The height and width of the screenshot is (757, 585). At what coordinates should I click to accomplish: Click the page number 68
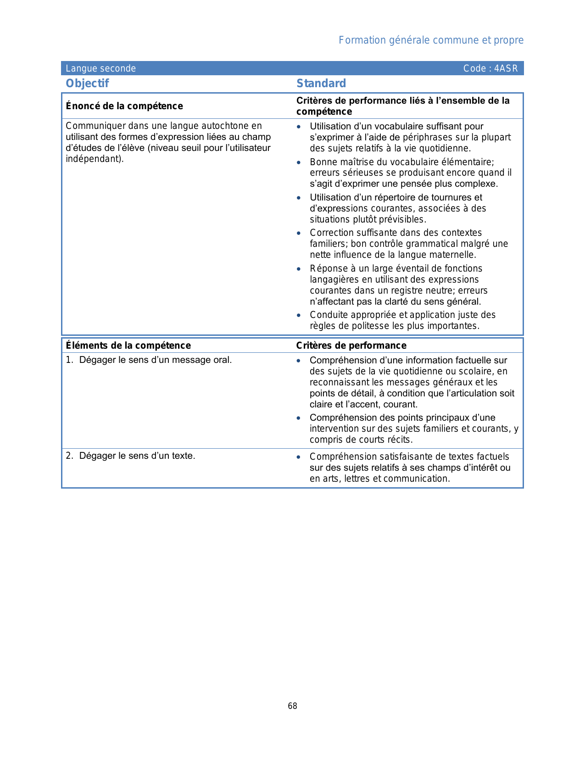[292, 706]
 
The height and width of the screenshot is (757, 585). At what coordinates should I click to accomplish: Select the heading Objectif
[87, 83]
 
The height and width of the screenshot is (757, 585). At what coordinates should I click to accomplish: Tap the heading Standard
[321, 83]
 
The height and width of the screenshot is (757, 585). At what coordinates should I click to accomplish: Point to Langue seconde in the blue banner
[100, 69]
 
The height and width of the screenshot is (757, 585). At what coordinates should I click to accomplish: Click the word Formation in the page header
[362, 40]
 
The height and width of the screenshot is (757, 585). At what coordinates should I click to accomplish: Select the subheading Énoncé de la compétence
[124, 106]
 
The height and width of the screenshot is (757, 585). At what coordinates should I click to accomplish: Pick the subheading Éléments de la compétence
[128, 345]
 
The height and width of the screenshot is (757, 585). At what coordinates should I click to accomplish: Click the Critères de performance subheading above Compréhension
[351, 345]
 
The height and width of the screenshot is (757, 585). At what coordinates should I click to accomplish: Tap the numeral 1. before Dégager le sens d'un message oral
[69, 360]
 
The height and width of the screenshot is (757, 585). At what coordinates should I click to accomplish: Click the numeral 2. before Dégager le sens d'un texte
[69, 456]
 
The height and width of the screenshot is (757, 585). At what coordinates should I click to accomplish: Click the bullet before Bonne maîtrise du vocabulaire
[299, 162]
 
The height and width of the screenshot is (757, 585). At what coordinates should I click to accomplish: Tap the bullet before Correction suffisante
[299, 234]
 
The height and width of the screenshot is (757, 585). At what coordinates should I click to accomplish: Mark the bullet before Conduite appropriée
[299, 315]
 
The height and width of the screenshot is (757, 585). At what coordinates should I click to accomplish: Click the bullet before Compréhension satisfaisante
[299, 457]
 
